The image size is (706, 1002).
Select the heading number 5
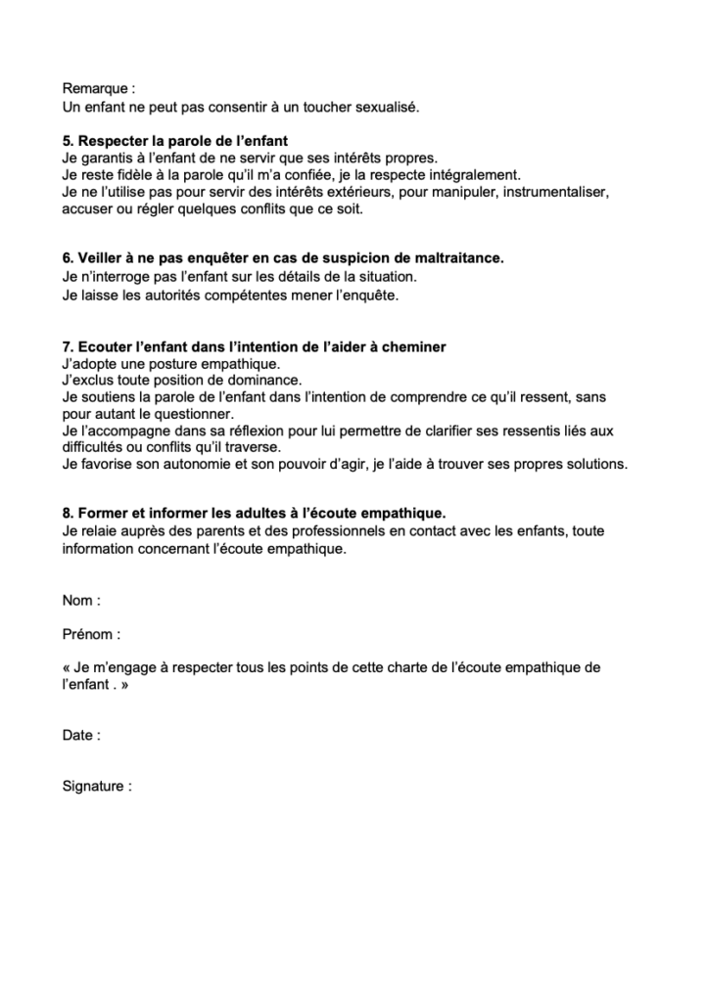(x=67, y=140)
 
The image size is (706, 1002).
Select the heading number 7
(x=67, y=347)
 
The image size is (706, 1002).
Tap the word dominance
(x=266, y=380)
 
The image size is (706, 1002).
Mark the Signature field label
(x=94, y=786)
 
